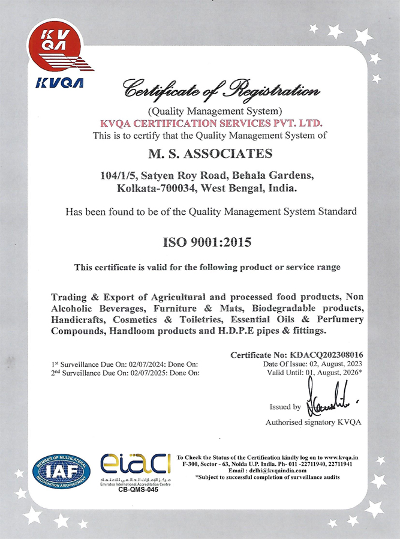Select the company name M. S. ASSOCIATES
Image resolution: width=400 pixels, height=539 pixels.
coord(210,154)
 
